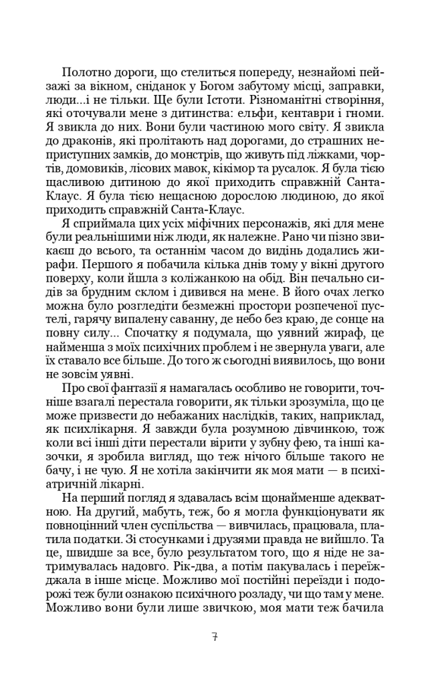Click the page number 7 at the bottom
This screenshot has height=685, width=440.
coord(215,636)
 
